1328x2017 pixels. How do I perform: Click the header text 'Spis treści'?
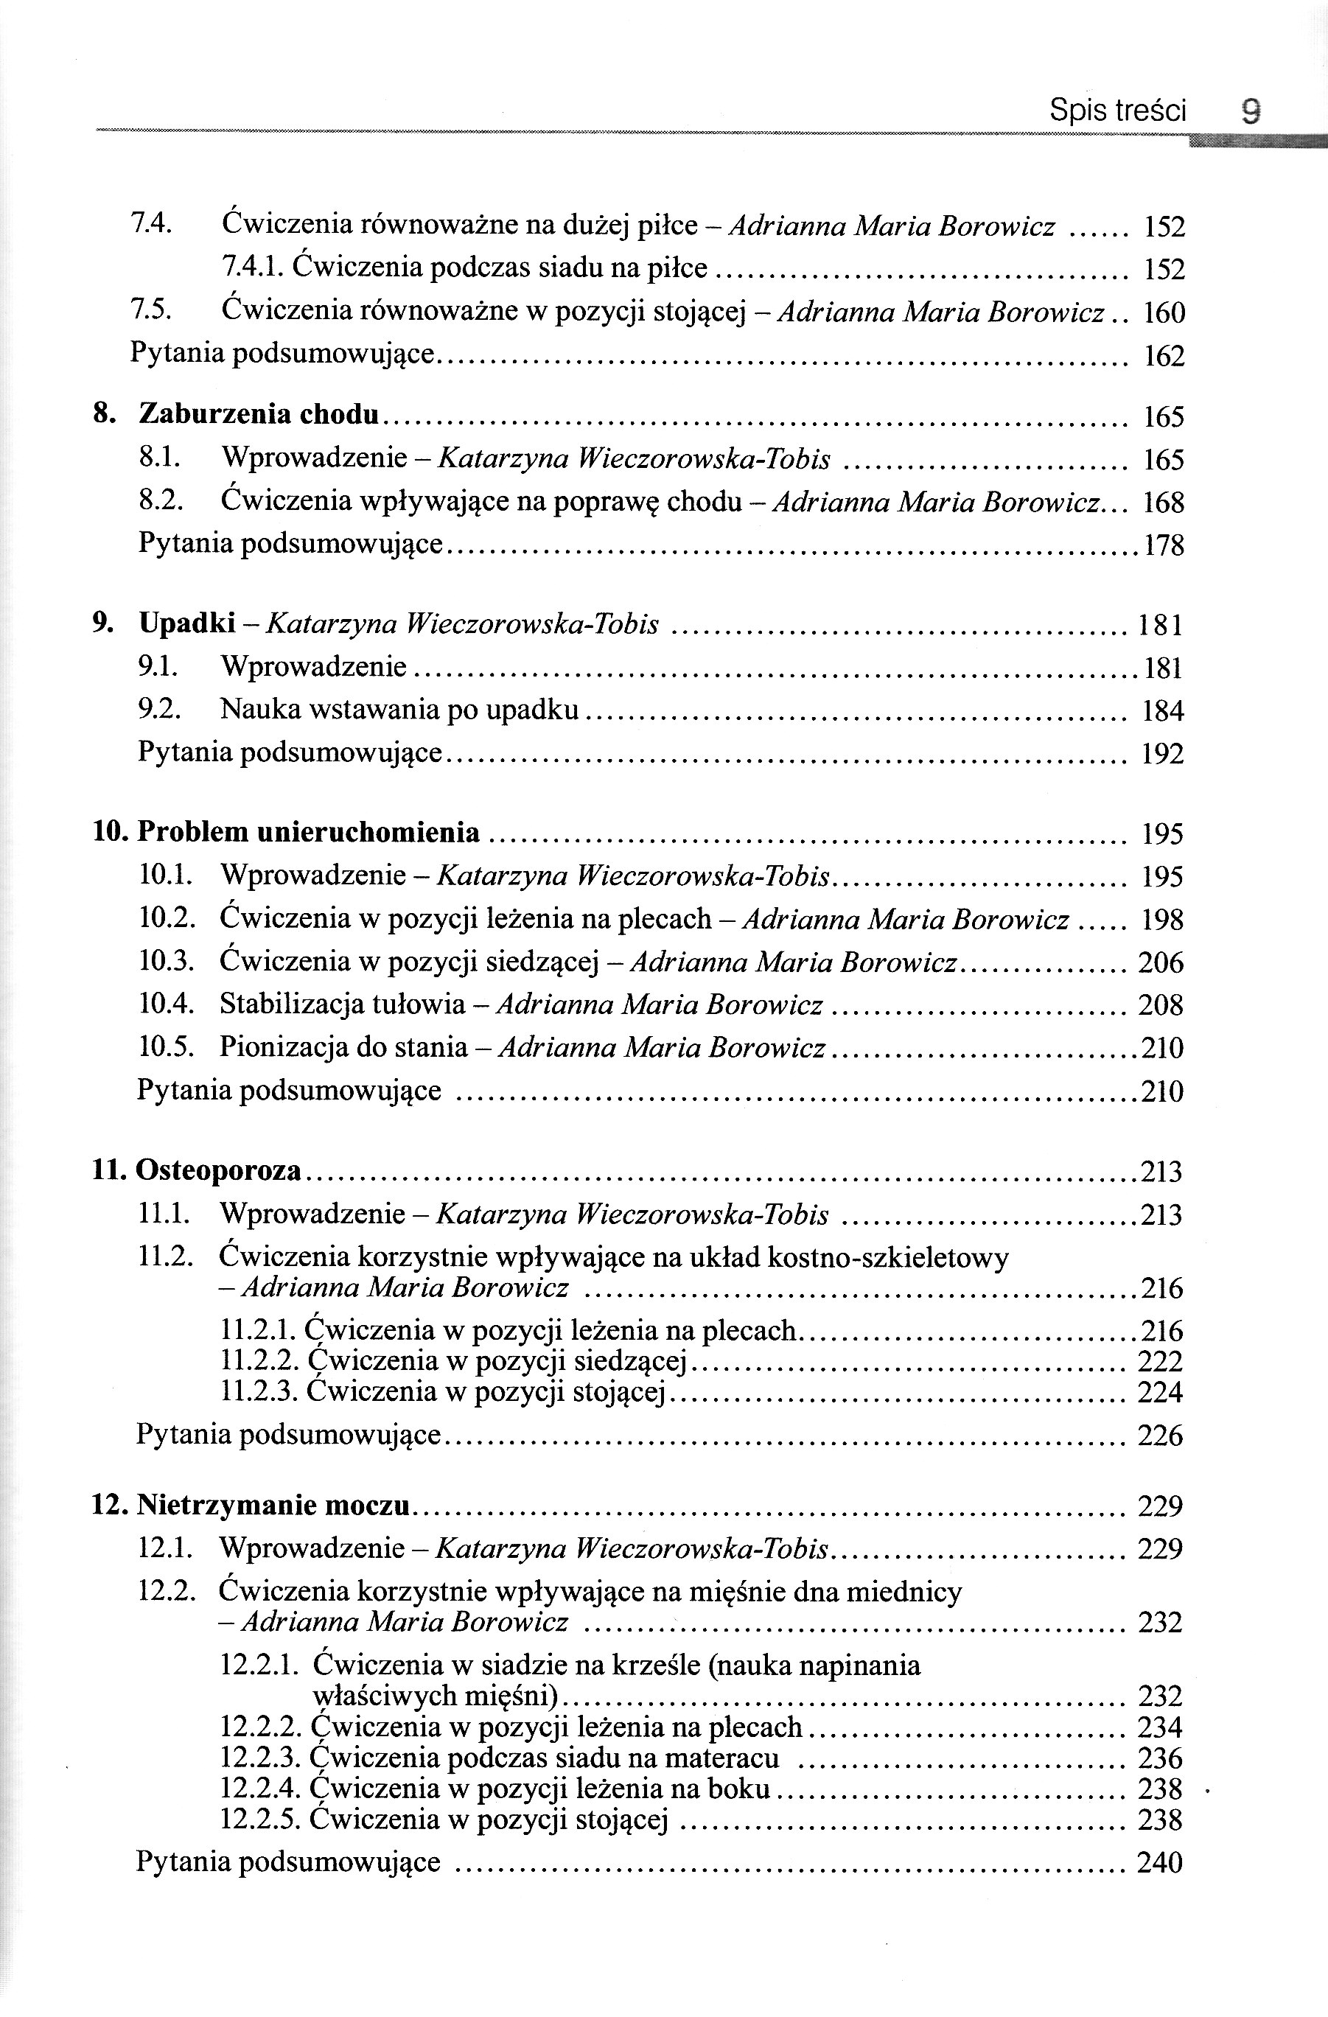pyautogui.click(x=1118, y=111)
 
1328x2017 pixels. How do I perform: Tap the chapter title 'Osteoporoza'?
pyautogui.click(x=219, y=1170)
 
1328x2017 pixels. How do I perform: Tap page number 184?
pyautogui.click(x=1163, y=711)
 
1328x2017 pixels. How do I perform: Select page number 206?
pyautogui.click(x=1161, y=962)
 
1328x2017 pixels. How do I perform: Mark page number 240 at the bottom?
pyautogui.click(x=1160, y=1862)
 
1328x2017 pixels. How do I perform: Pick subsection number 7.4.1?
pyautogui.click(x=254, y=269)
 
